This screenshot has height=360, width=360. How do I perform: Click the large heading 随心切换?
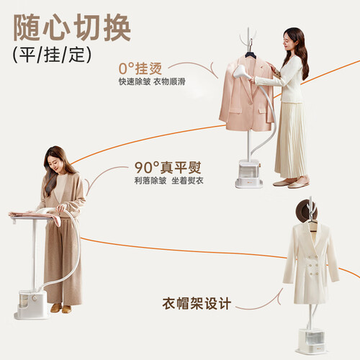72,27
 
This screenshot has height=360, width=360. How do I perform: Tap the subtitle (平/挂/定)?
52,55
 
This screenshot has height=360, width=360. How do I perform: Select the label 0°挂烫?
140,68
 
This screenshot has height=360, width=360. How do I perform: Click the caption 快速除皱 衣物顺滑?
152,81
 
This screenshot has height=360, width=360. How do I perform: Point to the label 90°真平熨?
168,168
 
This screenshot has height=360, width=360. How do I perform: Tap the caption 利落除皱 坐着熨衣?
168,181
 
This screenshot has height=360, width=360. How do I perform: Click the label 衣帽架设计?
197,304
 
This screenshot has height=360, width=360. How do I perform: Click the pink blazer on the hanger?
246,95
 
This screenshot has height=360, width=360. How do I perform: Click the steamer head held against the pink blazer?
240,71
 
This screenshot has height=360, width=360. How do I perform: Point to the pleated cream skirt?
291,140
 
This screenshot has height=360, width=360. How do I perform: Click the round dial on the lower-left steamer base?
35,298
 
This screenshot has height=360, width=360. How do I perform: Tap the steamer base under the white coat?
312,341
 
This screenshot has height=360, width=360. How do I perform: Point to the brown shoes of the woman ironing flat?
61,308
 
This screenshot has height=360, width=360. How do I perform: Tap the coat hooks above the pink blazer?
248,38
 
